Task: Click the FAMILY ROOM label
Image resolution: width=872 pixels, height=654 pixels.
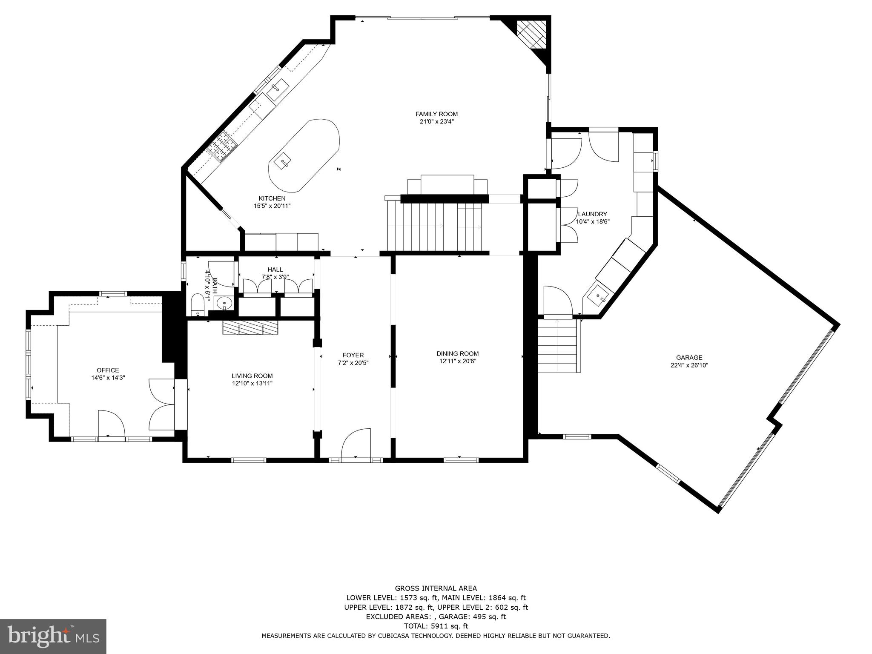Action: click(436, 114)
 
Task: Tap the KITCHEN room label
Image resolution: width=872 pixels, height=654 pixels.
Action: click(272, 198)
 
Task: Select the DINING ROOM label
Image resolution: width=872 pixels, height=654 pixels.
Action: click(457, 354)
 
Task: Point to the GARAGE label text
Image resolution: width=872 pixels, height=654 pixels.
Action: click(689, 358)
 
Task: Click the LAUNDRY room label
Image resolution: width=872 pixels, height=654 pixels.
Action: click(592, 214)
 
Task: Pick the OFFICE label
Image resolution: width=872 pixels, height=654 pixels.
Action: click(108, 370)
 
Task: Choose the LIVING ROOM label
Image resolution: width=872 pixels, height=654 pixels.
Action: click(252, 376)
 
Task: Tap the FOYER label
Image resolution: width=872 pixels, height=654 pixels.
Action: click(353, 355)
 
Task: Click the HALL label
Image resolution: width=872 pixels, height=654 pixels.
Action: click(275, 270)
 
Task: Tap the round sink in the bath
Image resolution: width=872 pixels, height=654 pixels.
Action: click(224, 304)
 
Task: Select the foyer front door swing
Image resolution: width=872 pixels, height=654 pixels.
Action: click(356, 443)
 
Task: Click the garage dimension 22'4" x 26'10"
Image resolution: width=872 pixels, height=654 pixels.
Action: click(689, 365)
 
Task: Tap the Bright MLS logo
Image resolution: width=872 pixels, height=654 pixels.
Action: click(53, 636)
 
